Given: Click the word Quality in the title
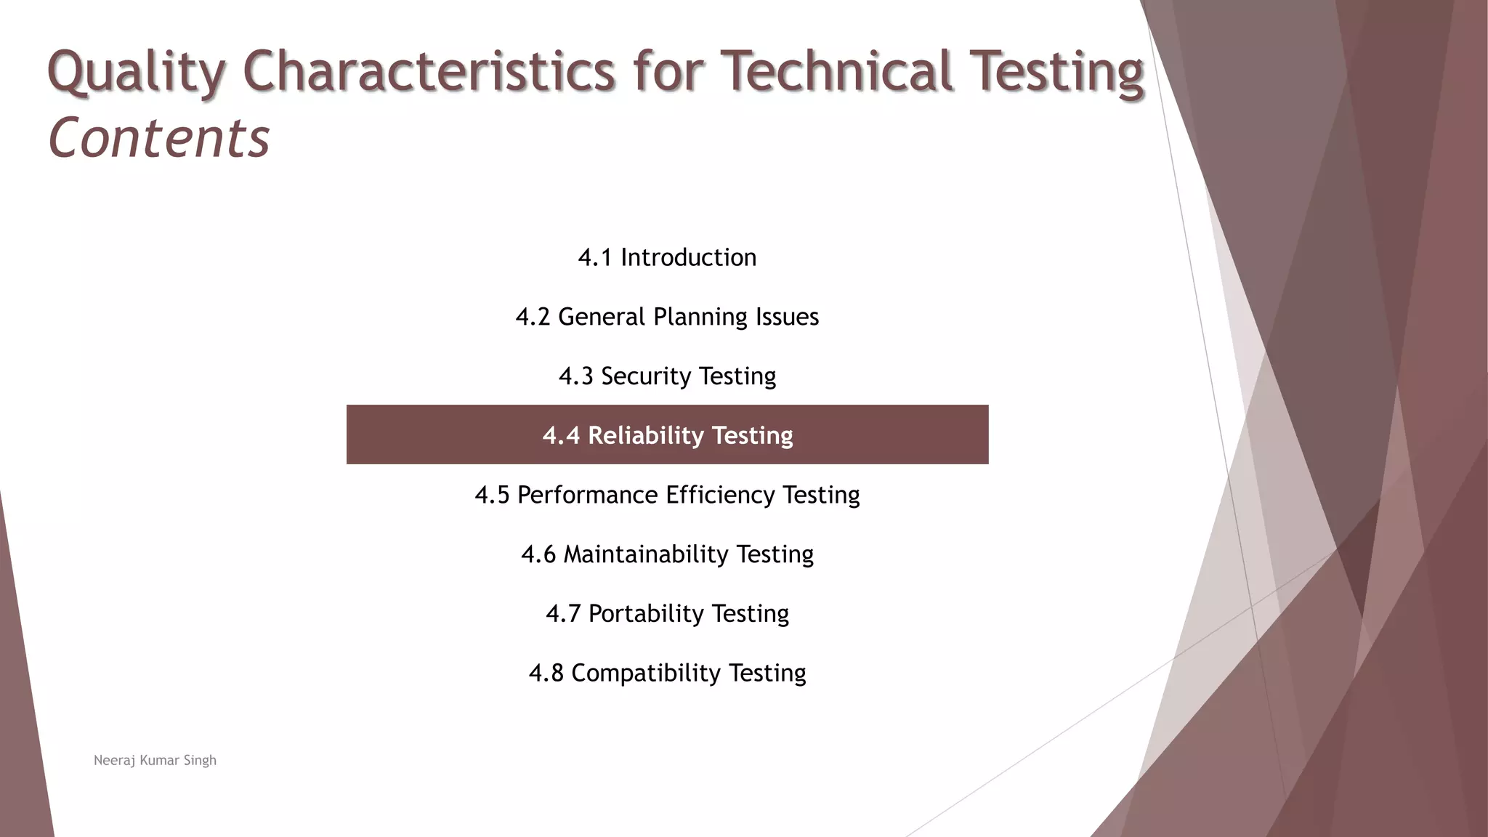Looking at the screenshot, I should pos(137,73).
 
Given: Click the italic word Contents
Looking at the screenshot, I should pos(159,138).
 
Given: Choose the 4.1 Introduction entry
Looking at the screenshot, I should pos(667,257).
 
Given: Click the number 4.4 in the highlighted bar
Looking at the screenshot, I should pos(561,435).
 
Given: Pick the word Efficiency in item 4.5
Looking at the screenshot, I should pos(720,495).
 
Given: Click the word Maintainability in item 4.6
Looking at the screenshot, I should pos(646,554).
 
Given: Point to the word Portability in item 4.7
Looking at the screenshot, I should pos(646,614).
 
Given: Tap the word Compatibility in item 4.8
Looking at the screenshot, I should pos(646,674).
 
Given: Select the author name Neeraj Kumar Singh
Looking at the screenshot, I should pos(155,760).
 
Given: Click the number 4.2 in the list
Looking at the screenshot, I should pos(533,317).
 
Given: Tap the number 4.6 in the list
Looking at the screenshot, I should pos(538,554).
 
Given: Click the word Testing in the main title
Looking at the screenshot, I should pos(1057,73).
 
